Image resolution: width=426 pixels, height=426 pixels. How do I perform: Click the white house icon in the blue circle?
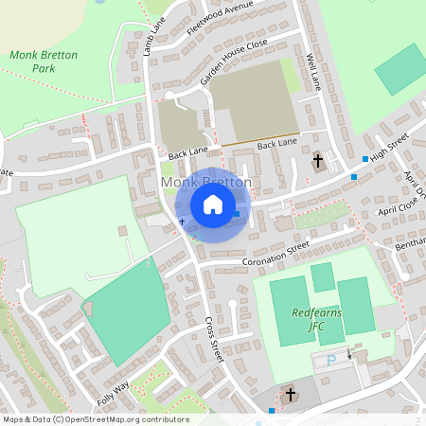[213, 204]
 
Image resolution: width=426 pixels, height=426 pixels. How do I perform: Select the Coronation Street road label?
[276, 252]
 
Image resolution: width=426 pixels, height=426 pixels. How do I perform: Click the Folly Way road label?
[112, 389]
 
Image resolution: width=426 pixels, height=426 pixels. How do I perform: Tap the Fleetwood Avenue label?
[220, 16]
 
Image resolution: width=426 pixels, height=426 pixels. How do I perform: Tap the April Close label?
[398, 207]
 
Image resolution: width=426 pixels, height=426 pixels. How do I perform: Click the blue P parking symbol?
[330, 361]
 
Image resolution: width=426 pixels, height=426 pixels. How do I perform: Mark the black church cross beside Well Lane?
[318, 162]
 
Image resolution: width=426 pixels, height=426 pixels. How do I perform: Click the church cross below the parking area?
[291, 394]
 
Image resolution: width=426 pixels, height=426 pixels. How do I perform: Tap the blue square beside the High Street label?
[365, 158]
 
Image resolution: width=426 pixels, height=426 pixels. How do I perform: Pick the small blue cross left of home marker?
[183, 222]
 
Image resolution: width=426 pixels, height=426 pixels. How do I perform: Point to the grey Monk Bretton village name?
[206, 182]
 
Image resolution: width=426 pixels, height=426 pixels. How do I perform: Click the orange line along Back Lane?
[260, 138]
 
